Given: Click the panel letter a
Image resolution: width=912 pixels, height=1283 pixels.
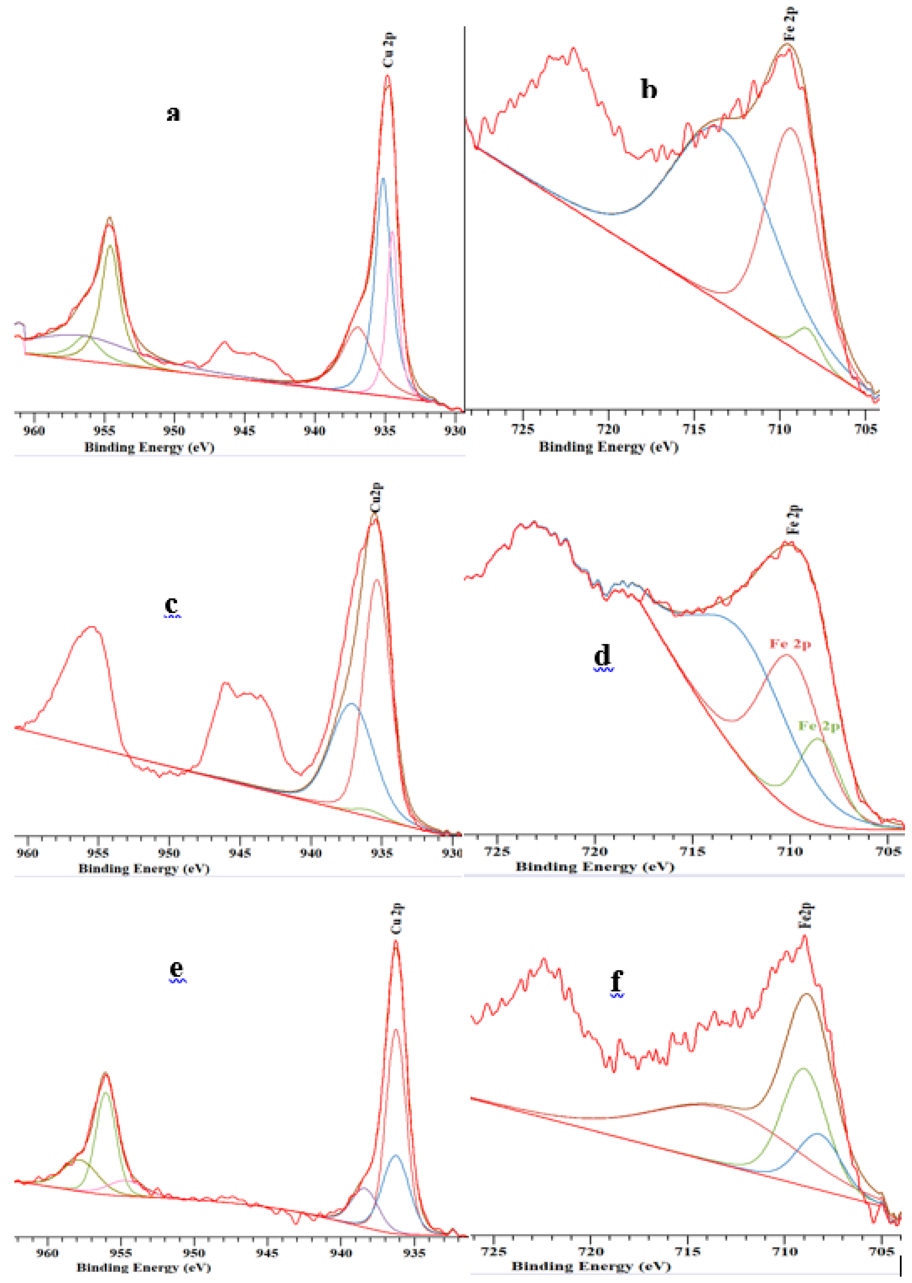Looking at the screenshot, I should point(174,113).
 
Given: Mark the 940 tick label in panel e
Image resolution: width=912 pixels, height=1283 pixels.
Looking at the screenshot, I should point(341,1253).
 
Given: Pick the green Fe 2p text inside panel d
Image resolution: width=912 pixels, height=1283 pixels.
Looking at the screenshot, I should point(819,727).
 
